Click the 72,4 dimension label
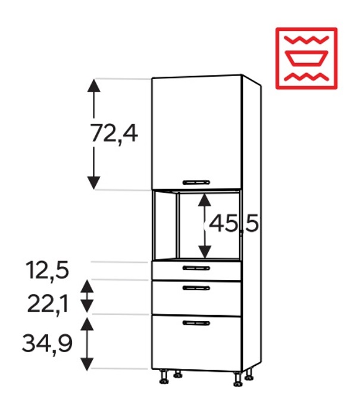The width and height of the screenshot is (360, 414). click(x=114, y=134)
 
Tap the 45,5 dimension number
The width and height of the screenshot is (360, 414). click(x=234, y=224)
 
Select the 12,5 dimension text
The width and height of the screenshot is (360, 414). click(x=47, y=270)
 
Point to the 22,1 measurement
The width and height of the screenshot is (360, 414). click(x=48, y=304)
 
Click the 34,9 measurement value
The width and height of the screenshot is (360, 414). click(x=47, y=343)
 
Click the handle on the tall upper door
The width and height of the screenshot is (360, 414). click(x=196, y=183)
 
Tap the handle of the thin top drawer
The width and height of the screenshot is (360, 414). click(x=196, y=268)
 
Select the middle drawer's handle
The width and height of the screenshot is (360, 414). click(x=196, y=288)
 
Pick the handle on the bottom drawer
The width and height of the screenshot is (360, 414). click(x=196, y=323)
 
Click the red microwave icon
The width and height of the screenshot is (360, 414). click(x=306, y=58)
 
